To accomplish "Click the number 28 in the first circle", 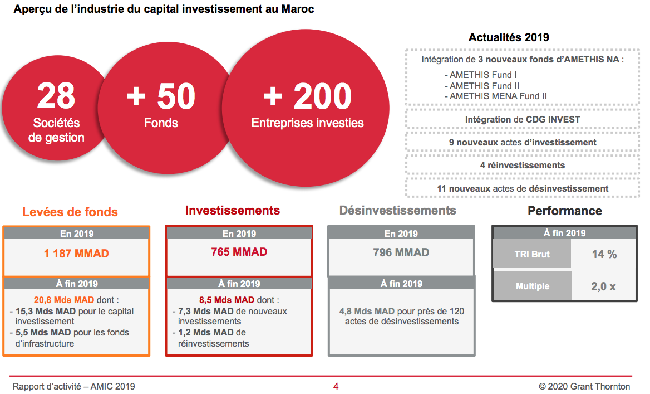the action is click(x=56, y=95).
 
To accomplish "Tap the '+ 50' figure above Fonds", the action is click(x=161, y=96).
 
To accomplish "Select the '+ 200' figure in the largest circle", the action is click(x=308, y=96).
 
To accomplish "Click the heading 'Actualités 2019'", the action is click(x=509, y=37).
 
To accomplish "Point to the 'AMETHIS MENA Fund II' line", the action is click(x=496, y=96).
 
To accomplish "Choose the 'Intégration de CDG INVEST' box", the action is click(x=523, y=120).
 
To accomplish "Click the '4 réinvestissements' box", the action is click(x=523, y=166).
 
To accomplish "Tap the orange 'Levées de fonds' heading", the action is click(x=70, y=212).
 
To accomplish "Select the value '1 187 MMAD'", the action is click(x=76, y=253).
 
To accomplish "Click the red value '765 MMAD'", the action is click(x=239, y=252).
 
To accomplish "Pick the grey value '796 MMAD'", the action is click(x=401, y=252).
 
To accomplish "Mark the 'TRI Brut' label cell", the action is click(x=532, y=254).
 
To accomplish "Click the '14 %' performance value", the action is click(x=604, y=254).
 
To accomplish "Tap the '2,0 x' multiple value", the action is click(x=604, y=286).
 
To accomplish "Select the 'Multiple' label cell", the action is click(x=533, y=286).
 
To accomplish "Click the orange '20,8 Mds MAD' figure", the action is click(x=64, y=300).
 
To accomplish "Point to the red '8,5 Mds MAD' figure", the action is click(x=226, y=300).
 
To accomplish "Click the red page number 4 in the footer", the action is click(x=336, y=387).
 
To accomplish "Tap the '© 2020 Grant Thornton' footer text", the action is click(x=584, y=387).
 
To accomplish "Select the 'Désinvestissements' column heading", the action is click(x=397, y=211).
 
